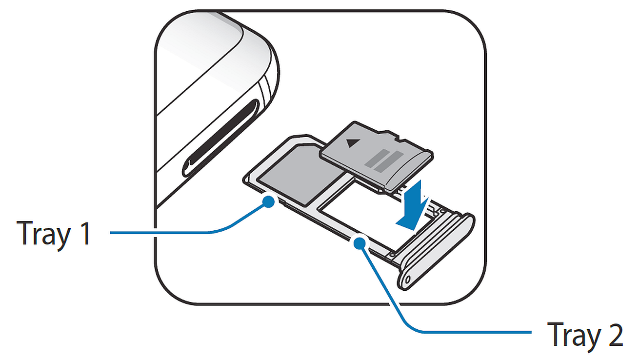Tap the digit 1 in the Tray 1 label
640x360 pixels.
85,233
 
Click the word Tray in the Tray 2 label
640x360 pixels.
574,336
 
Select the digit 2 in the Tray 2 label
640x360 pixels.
615,334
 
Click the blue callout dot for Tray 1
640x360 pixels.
268,202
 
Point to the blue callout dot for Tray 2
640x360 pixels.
359,243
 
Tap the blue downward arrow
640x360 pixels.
413,206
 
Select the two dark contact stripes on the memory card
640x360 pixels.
384,161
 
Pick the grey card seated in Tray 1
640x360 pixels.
300,174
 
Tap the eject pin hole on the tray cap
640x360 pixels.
408,279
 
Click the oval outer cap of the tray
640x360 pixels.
436,251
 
